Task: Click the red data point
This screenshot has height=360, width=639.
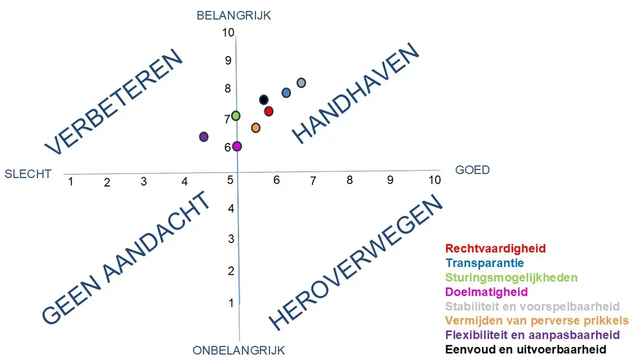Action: pyautogui.click(x=269, y=111)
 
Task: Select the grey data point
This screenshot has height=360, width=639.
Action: pyautogui.click(x=301, y=83)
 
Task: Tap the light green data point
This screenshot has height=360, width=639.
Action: pyautogui.click(x=235, y=116)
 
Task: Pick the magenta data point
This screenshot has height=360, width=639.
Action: pyautogui.click(x=237, y=146)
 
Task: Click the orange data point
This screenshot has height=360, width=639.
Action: pyautogui.click(x=256, y=128)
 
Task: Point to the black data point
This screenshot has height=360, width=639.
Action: pyautogui.click(x=264, y=100)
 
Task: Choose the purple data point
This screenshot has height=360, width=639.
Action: pyautogui.click(x=203, y=136)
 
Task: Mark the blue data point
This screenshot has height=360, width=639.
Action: pyautogui.click(x=286, y=93)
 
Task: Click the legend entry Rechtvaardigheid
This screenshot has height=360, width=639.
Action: pyautogui.click(x=495, y=249)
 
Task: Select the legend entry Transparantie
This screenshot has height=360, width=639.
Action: pyautogui.click(x=485, y=263)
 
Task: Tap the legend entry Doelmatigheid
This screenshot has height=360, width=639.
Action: pyautogui.click(x=487, y=292)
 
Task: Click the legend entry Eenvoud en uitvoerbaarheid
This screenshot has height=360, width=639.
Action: pyautogui.click(x=526, y=349)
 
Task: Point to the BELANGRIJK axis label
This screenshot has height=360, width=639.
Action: pyautogui.click(x=234, y=16)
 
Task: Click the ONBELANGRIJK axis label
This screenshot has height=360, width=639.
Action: pyautogui.click(x=239, y=351)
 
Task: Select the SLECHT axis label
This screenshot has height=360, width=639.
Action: pyautogui.click(x=28, y=174)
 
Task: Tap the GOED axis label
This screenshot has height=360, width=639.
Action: pyautogui.click(x=472, y=170)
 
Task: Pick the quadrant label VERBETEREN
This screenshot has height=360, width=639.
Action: pyautogui.click(x=114, y=102)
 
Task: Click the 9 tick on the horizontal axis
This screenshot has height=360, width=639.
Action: pyautogui.click(x=390, y=180)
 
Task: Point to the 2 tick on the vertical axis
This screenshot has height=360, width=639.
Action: pyautogui.click(x=231, y=271)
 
